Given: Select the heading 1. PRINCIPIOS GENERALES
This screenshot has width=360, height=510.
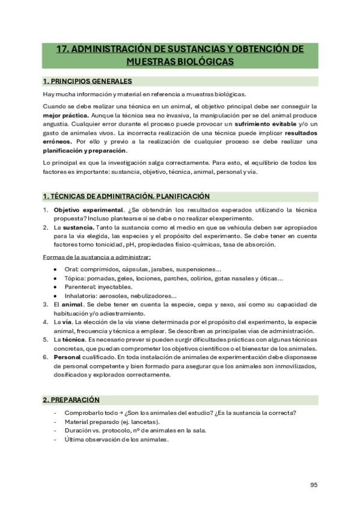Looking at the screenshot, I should pyautogui.click(x=88, y=81).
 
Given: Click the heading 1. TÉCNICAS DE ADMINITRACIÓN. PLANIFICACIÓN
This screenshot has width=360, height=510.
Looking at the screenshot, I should pyautogui.click(x=126, y=196).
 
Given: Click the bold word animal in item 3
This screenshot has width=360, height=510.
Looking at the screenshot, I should pyautogui.click(x=72, y=304).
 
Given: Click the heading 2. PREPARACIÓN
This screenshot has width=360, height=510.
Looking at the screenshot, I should pyautogui.click(x=71, y=399).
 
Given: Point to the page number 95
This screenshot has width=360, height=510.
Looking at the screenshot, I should pyautogui.click(x=314, y=485).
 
